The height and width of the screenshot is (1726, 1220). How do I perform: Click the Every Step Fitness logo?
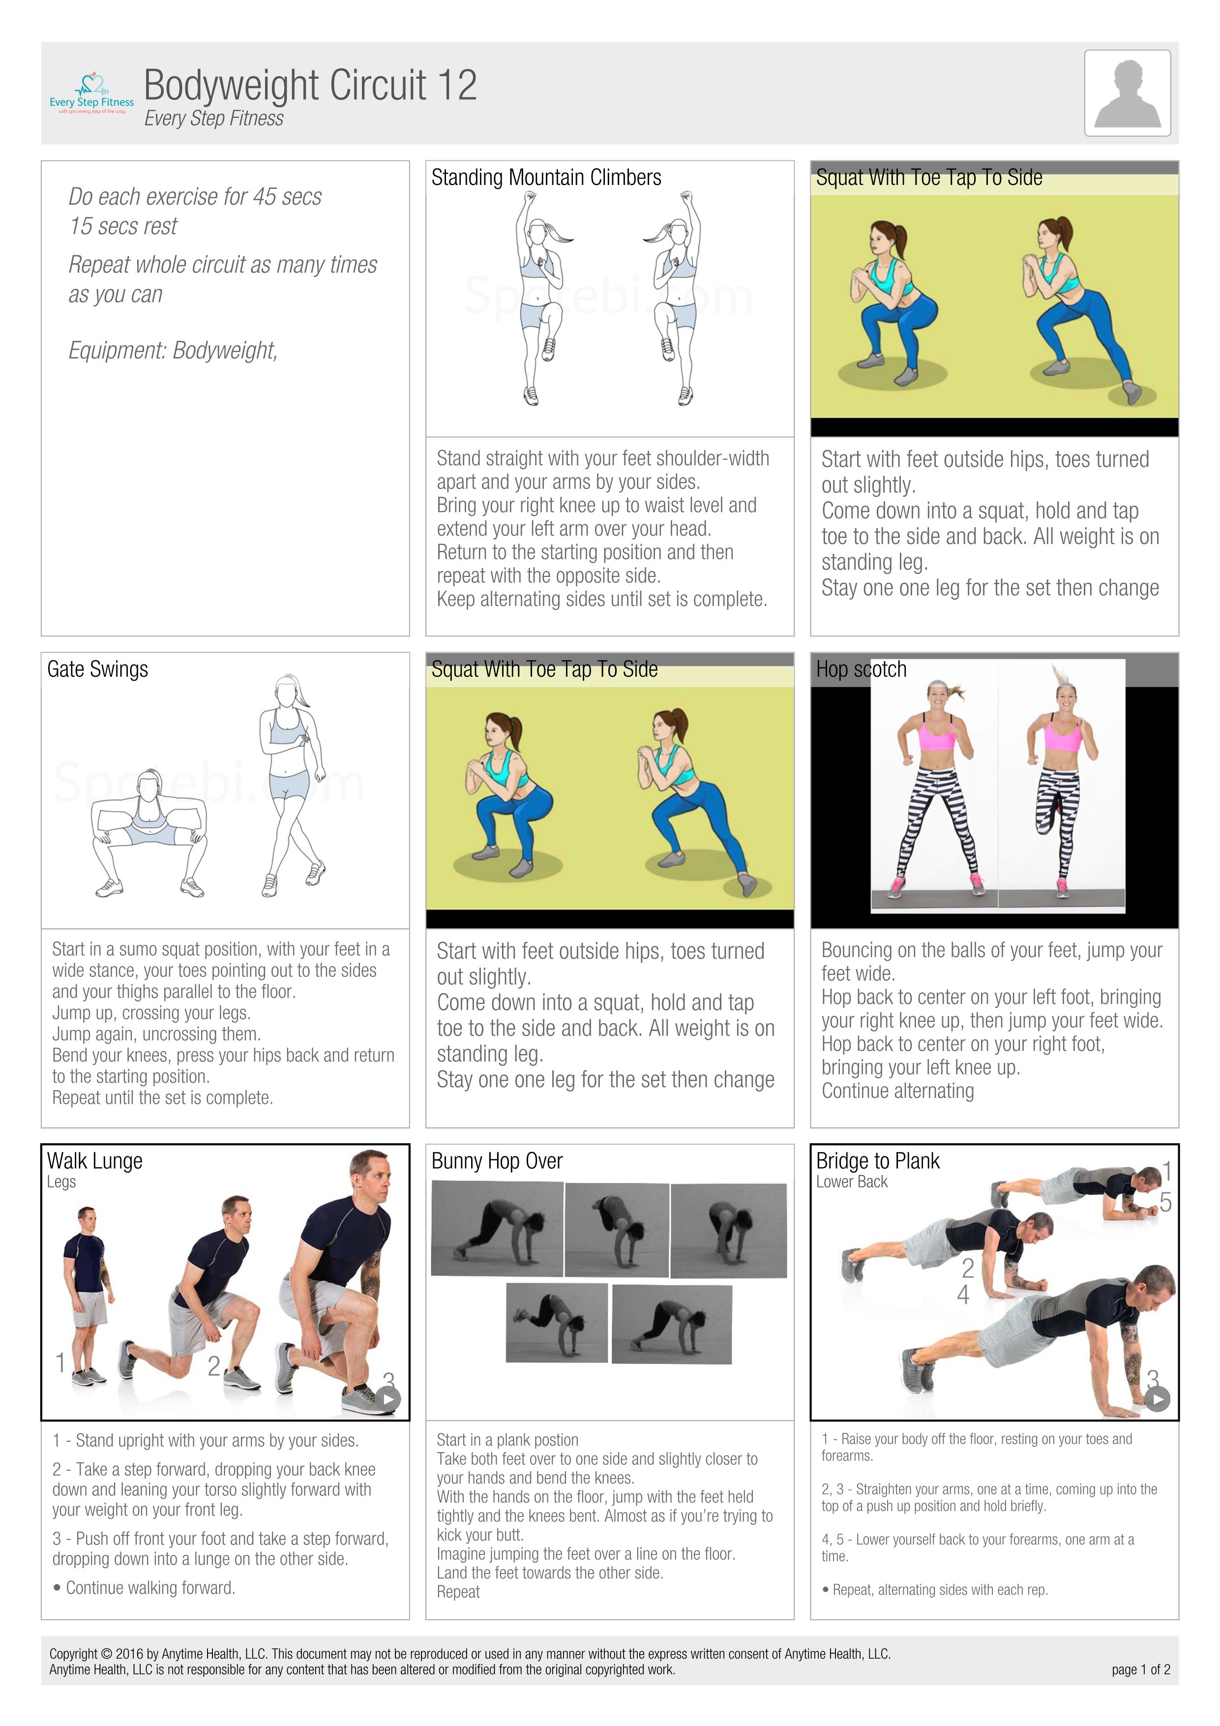[91, 93]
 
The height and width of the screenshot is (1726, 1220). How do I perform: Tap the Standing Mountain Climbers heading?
[546, 178]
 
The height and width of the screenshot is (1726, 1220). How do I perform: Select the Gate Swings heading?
[98, 669]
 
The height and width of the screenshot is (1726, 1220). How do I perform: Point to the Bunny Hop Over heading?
[496, 1161]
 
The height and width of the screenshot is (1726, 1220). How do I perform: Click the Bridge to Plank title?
[877, 1161]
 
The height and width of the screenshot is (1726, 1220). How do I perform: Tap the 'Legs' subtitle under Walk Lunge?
[61, 1182]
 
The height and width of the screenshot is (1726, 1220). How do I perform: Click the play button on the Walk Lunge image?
[388, 1399]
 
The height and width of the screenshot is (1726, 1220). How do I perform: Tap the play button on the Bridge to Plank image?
[1157, 1399]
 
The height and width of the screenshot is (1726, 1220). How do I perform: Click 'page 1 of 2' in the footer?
[1140, 1669]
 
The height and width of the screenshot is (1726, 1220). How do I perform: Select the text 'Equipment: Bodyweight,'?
[173, 350]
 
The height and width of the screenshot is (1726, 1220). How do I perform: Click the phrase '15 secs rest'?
[123, 226]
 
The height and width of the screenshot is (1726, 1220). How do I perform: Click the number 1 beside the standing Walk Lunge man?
[60, 1362]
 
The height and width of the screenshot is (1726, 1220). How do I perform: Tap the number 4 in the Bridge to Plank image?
[963, 1295]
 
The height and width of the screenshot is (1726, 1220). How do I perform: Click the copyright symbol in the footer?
[106, 1654]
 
